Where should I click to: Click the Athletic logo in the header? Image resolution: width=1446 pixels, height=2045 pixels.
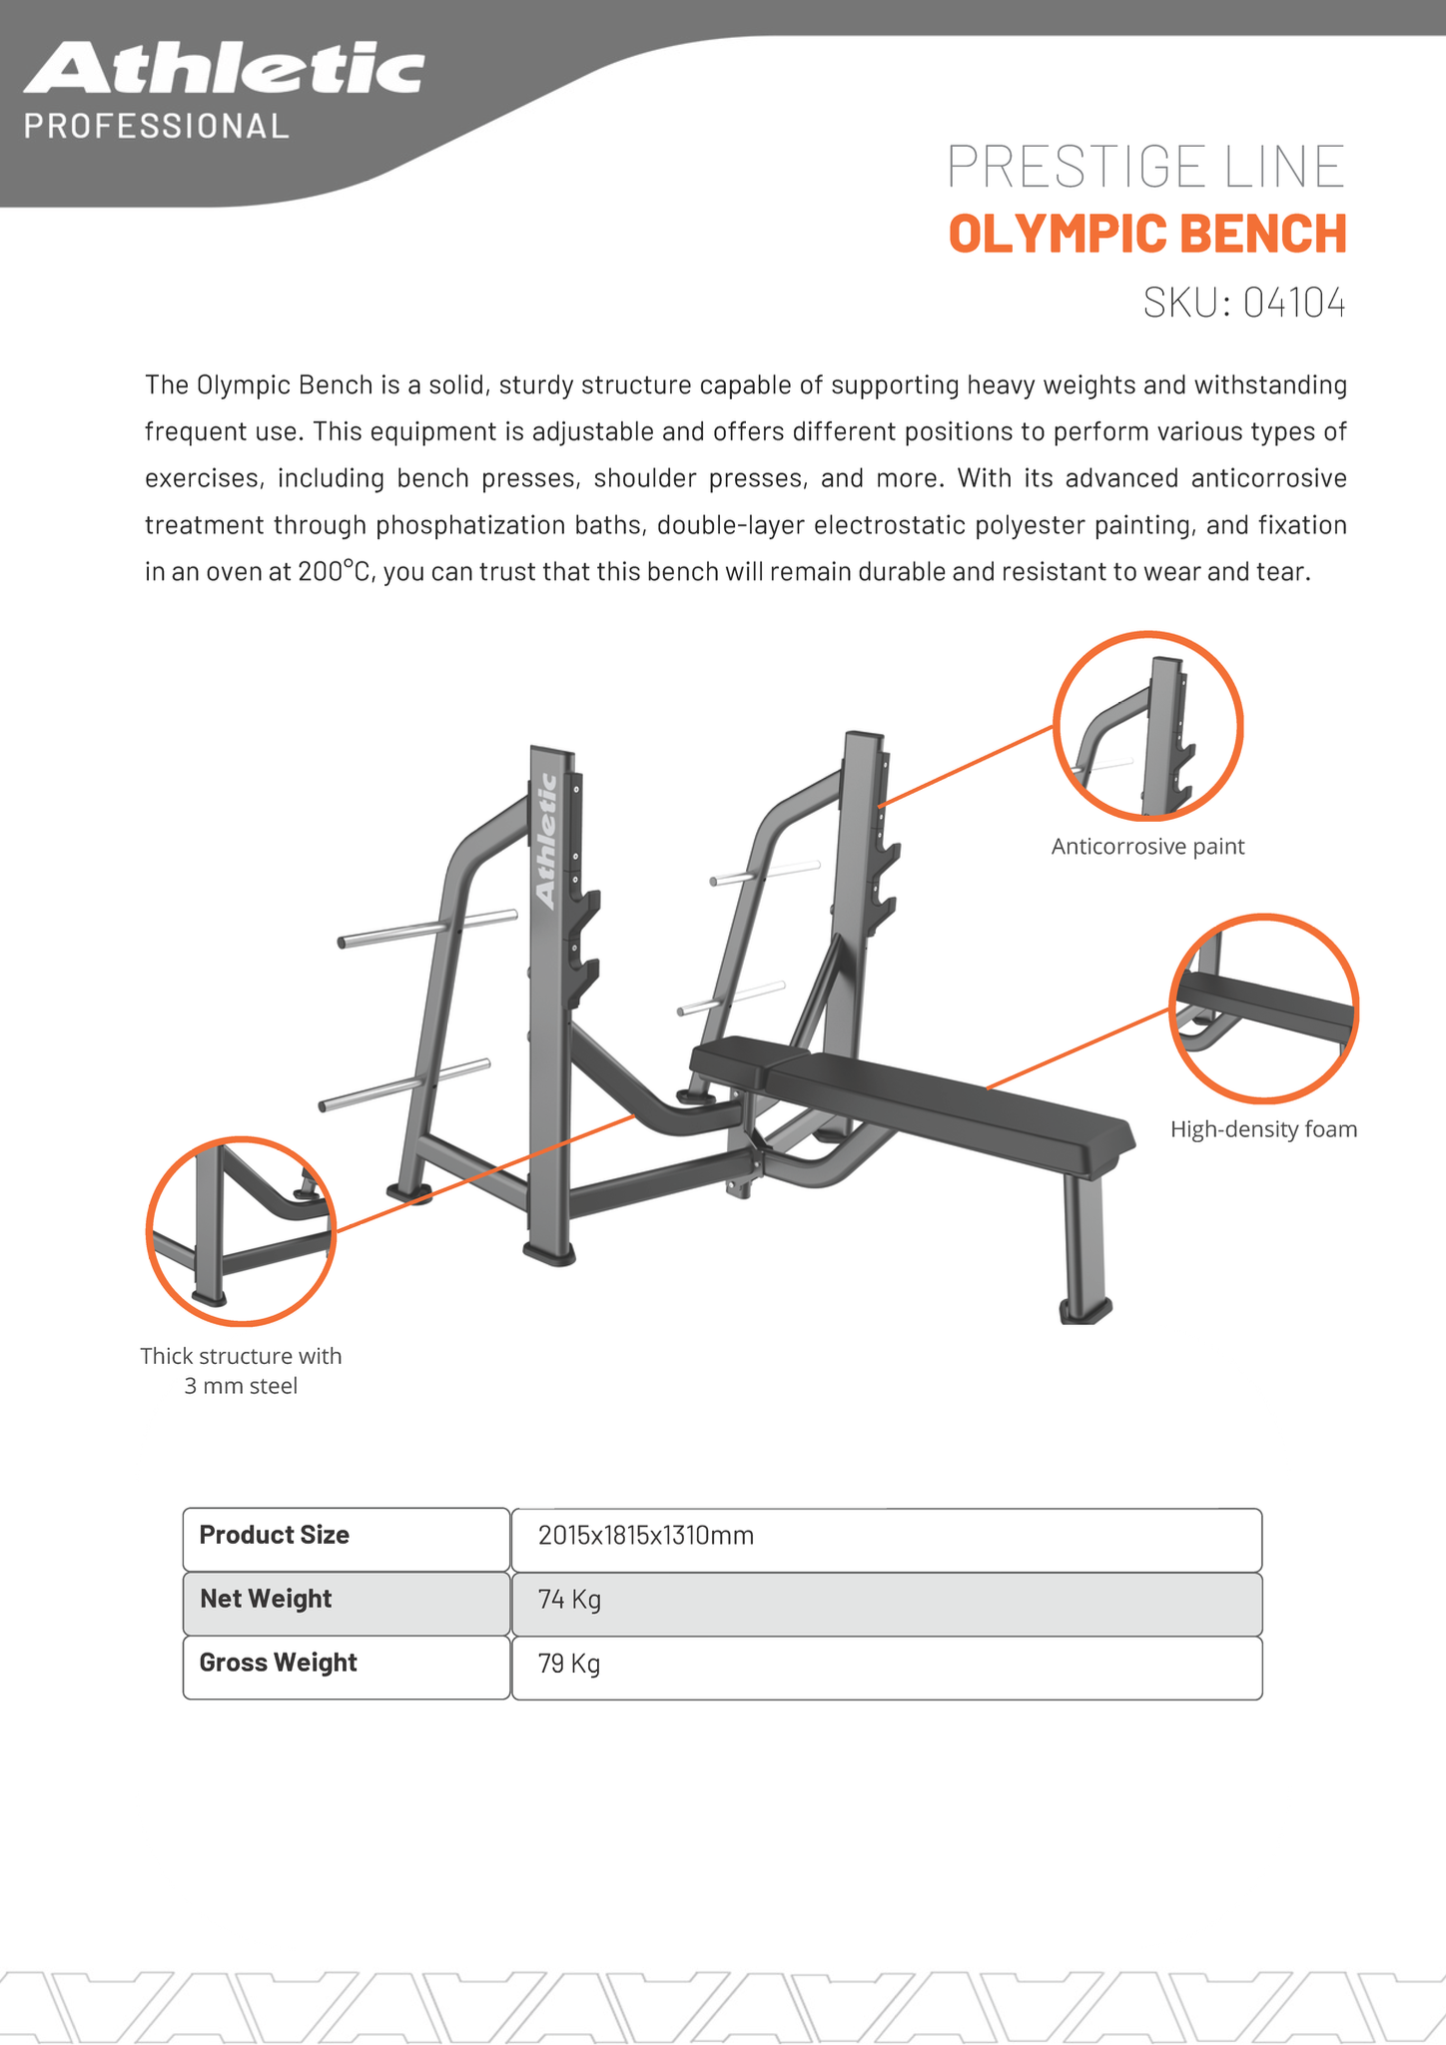(224, 70)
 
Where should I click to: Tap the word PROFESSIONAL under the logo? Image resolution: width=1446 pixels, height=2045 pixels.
(157, 127)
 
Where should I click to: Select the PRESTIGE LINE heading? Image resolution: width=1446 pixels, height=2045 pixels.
(1145, 167)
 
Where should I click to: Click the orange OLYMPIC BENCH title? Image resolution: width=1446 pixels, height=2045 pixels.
(1147, 234)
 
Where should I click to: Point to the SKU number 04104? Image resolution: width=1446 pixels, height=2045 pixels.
(1294, 303)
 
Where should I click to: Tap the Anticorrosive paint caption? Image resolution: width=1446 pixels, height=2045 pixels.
(1147, 847)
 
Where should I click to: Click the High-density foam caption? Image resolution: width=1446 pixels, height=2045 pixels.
(1263, 1129)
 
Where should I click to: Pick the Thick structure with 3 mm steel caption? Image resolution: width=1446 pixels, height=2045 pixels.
(241, 1370)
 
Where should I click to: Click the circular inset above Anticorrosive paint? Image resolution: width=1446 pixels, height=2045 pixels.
(1147, 726)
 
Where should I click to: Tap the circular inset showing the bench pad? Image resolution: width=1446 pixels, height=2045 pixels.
(1263, 1008)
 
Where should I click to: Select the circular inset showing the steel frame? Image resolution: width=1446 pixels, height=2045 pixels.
(241, 1231)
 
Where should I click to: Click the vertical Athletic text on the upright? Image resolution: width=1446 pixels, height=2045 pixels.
(546, 841)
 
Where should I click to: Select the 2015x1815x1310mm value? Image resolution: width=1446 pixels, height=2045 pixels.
(645, 1536)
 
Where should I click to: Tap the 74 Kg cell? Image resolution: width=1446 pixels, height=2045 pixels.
(569, 1600)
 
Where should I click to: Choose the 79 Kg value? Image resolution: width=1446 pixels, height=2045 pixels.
(569, 1664)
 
